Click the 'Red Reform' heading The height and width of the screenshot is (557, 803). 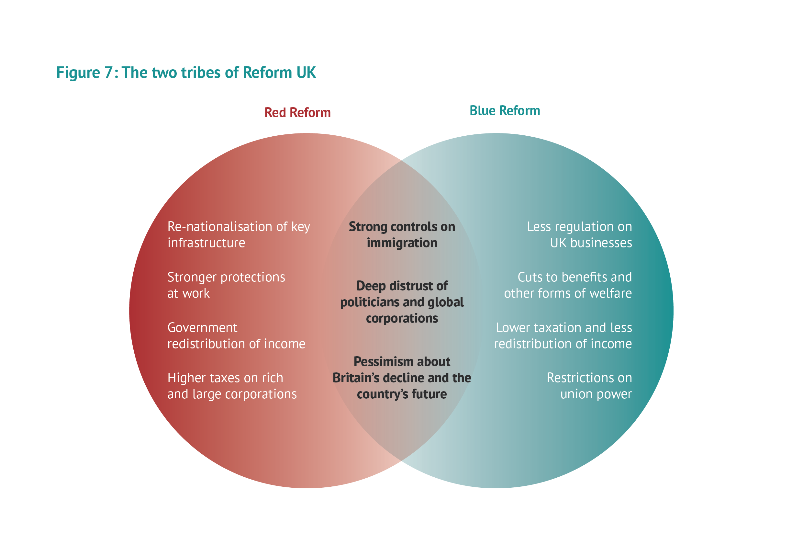click(297, 112)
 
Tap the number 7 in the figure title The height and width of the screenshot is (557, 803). click(108, 73)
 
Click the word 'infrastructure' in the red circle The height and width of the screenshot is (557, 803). click(206, 243)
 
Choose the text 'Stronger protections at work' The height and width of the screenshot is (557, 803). click(226, 285)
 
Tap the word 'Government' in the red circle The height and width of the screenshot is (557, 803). click(202, 327)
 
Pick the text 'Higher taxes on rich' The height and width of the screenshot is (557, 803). click(225, 378)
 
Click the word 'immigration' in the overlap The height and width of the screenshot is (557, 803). click(402, 243)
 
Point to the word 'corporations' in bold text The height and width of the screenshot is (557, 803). click(402, 318)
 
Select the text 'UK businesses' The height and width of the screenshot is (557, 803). click(591, 243)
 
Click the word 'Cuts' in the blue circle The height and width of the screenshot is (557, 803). click(530, 277)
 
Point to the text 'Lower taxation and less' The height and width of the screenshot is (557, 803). click(564, 327)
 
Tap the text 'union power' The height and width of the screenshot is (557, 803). click(596, 394)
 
